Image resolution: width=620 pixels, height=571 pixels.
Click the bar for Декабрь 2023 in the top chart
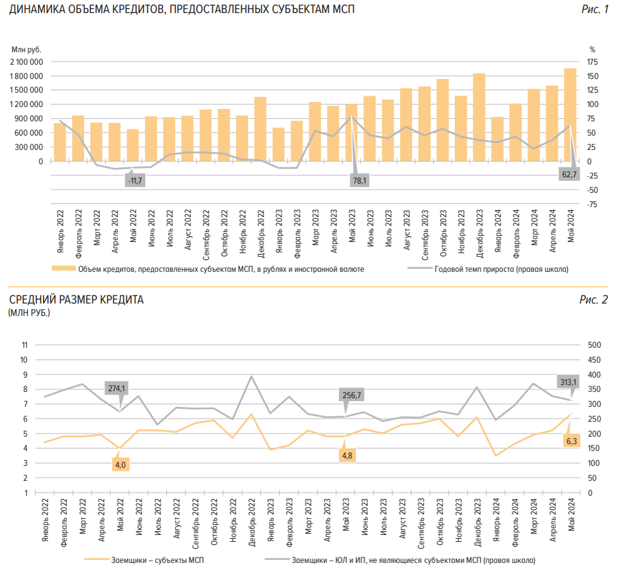[x=479, y=117]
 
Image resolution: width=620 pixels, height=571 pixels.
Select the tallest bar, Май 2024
[x=570, y=114]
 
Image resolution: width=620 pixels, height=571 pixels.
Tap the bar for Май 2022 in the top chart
[x=133, y=145]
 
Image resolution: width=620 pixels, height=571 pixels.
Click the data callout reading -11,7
[x=134, y=180]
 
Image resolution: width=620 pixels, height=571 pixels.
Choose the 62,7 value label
[x=570, y=175]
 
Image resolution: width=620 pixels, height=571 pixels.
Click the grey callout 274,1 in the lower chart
[x=116, y=388]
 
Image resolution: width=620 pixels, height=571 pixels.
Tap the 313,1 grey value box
[x=568, y=382]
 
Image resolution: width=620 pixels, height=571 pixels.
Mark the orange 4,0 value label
[x=120, y=464]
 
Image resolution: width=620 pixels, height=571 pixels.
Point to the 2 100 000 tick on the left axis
[x=26, y=62]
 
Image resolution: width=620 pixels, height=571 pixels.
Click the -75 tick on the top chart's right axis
[x=593, y=204]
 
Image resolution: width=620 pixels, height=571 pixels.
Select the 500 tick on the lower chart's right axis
[x=594, y=345]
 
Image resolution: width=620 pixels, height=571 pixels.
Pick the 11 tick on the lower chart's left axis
[x=25, y=345]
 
